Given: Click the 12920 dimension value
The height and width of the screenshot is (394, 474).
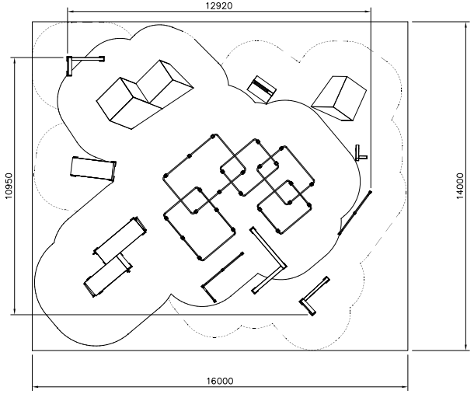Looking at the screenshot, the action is click(219, 5).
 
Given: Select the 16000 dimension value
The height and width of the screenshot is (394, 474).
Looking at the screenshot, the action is click(220, 381).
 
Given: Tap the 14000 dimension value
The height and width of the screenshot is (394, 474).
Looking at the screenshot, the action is click(459, 186).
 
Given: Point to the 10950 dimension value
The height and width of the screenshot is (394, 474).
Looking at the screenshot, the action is click(9, 186).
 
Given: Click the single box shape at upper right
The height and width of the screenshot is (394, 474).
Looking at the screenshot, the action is click(339, 98).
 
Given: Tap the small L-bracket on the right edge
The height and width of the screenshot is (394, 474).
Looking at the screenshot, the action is click(361, 153).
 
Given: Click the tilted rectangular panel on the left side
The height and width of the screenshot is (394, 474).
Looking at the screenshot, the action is click(93, 169).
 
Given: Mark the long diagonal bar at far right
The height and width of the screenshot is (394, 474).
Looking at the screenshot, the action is click(354, 213).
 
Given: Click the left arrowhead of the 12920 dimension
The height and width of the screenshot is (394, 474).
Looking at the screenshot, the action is click(69, 12).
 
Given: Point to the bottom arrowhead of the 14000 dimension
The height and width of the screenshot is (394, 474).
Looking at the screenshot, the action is click(465, 348).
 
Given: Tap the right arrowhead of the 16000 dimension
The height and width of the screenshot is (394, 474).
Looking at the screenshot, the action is click(406, 386).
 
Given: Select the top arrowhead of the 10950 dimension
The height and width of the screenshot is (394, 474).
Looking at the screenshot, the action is click(14, 60).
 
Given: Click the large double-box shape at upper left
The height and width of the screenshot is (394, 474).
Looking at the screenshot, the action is click(145, 95).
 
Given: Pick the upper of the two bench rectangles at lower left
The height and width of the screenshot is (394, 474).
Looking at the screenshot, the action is click(120, 240).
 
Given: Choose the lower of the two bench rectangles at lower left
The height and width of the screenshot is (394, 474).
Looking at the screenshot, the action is click(107, 277).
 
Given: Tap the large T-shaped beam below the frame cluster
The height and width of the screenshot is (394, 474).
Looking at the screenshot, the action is click(268, 260).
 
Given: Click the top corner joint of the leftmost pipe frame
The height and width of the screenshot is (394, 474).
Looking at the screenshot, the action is click(213, 136).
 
